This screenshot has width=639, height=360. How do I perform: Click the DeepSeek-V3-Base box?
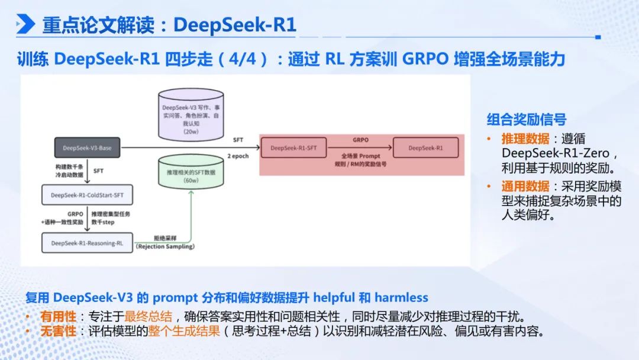click(x=87, y=148)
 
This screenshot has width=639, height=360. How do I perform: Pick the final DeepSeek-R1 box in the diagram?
click(x=425, y=148)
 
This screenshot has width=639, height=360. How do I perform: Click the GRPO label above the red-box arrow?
click(x=361, y=140)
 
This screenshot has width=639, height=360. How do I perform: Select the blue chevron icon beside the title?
click(x=25, y=24)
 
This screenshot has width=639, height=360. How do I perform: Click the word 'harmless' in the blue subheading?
click(x=401, y=297)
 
